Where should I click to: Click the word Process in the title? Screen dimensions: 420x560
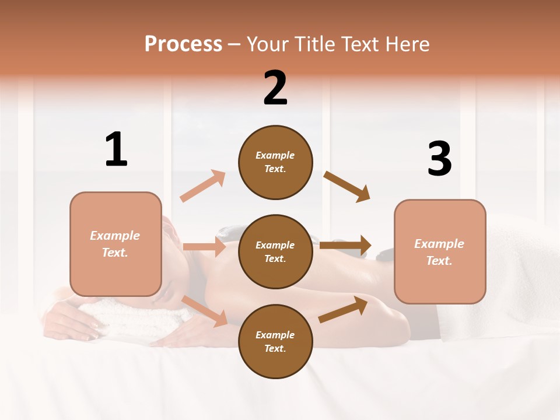[183, 44]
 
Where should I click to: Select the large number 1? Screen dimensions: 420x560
[116, 149]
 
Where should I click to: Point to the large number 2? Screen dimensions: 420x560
[275, 88]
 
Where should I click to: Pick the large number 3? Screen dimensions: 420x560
[439, 159]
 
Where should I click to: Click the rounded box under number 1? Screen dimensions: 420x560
[116, 244]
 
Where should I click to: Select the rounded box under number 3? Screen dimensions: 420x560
[440, 251]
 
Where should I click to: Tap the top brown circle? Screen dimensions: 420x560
[275, 162]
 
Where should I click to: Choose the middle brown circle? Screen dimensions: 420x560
[275, 251]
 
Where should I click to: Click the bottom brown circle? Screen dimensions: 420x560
[275, 341]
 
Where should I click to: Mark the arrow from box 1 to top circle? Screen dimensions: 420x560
[202, 186]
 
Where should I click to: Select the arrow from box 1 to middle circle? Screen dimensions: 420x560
[204, 247]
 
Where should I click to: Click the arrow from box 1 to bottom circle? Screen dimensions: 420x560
[205, 311]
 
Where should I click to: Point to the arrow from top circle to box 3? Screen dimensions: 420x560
[346, 187]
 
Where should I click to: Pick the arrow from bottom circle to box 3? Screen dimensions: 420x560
[343, 309]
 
